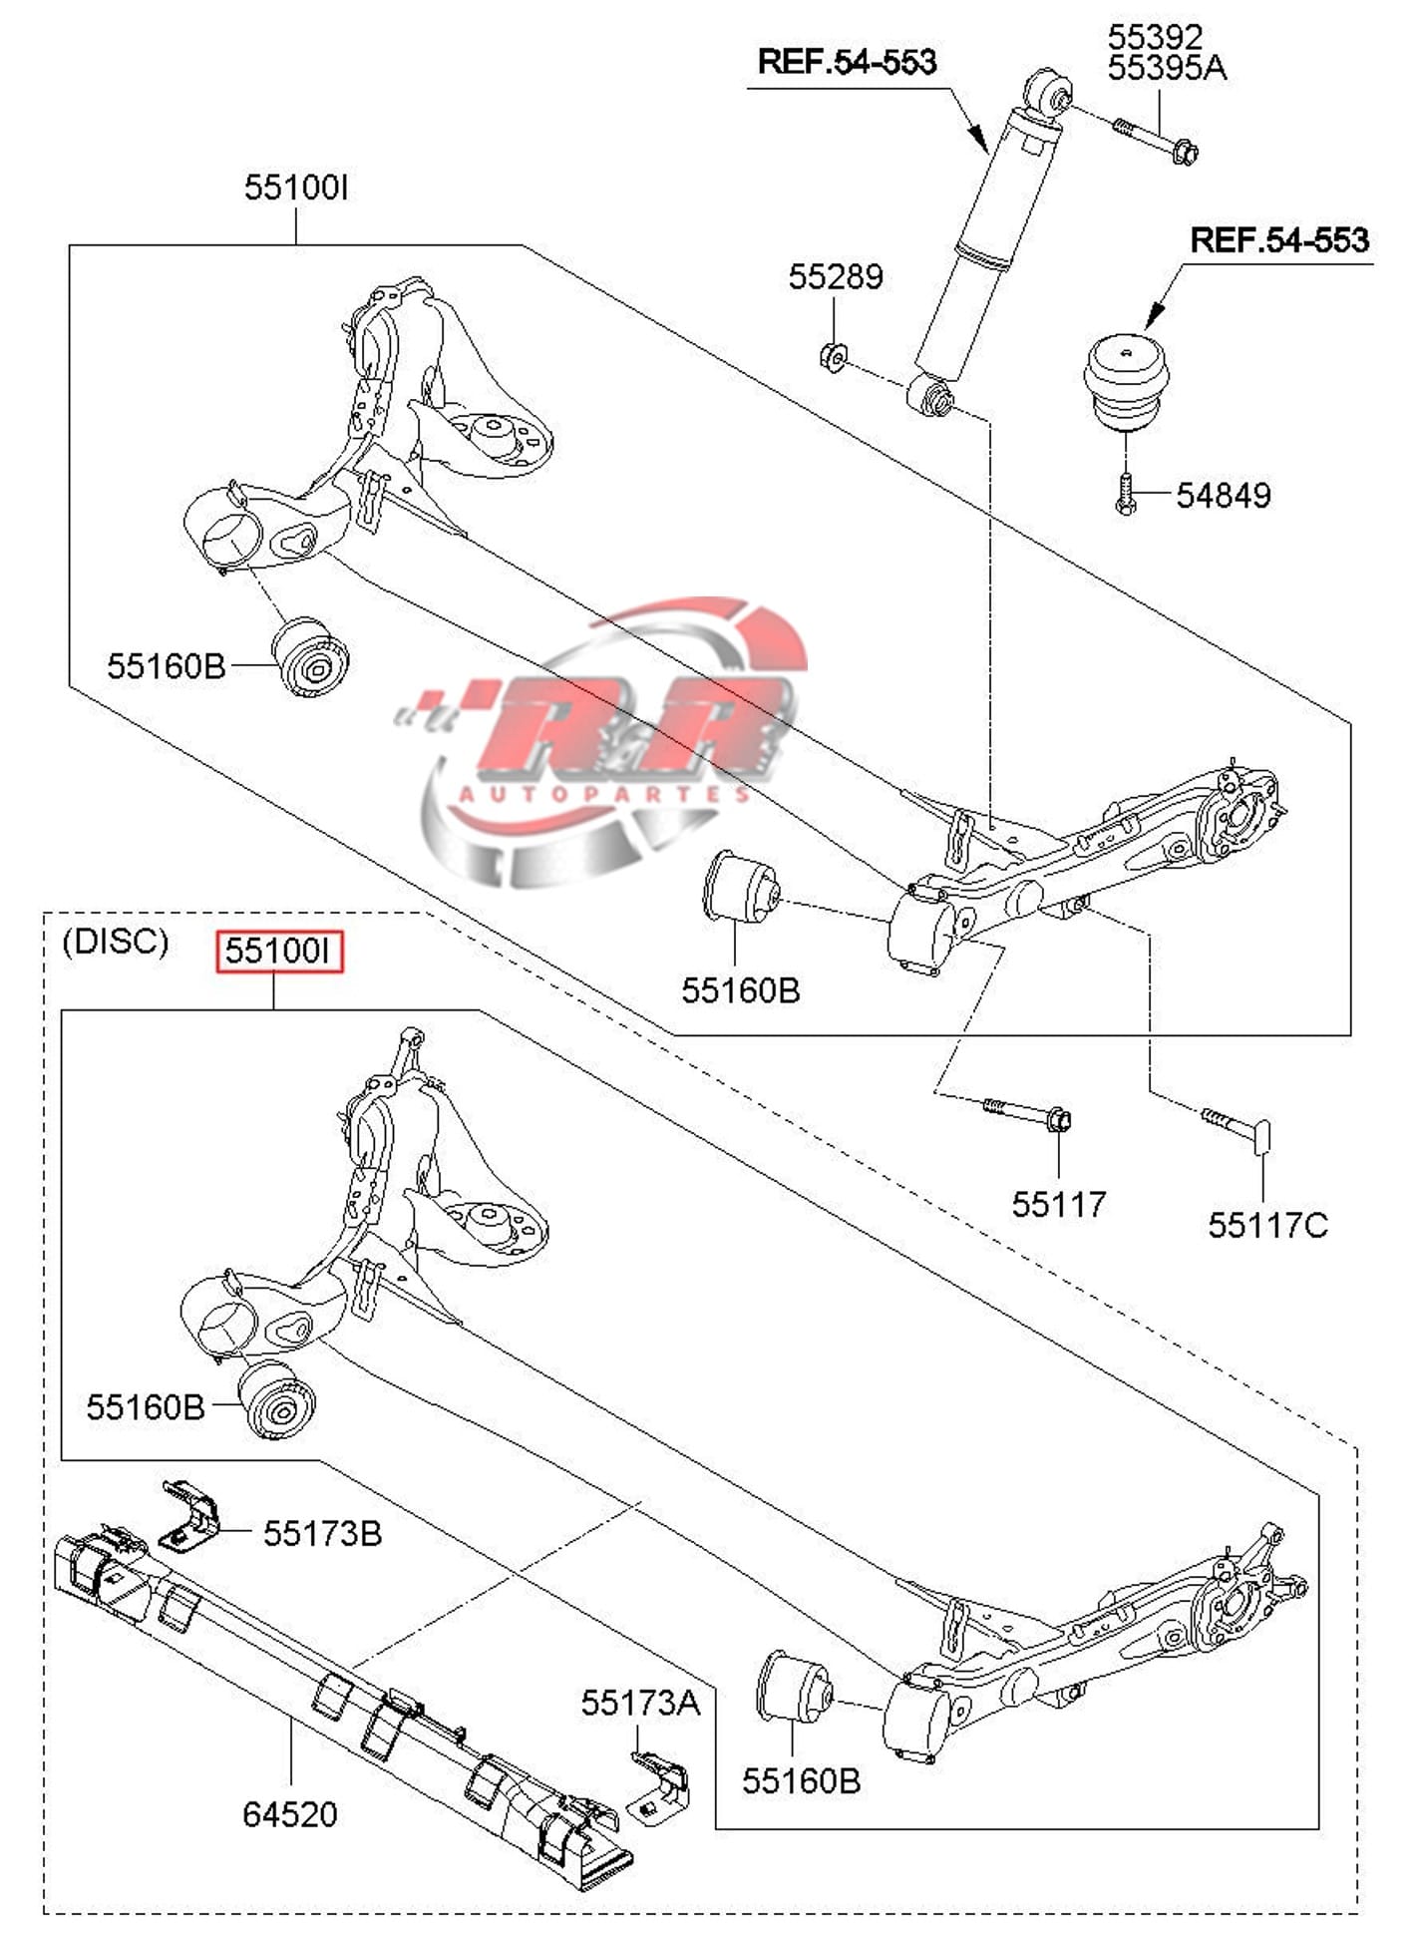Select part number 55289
click(x=836, y=276)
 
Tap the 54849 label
click(x=1224, y=496)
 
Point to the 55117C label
click(x=1267, y=1225)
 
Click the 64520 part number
click(x=290, y=1814)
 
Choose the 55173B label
click(x=322, y=1533)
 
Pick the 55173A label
click(x=640, y=1703)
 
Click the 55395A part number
click(x=1167, y=68)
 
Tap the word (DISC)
click(x=116, y=941)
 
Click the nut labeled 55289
click(x=833, y=355)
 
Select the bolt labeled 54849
click(x=1125, y=494)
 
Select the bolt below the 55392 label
click(x=1157, y=140)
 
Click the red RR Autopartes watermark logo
click(x=618, y=738)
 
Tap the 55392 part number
click(x=1155, y=37)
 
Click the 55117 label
click(x=1059, y=1204)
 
